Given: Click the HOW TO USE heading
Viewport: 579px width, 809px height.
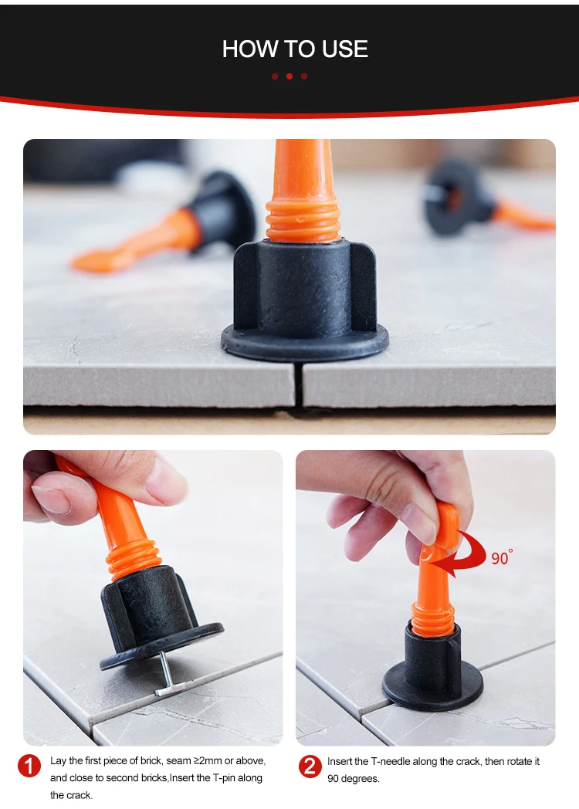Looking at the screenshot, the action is tap(295, 49).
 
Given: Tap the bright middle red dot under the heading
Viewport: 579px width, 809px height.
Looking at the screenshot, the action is tap(289, 76).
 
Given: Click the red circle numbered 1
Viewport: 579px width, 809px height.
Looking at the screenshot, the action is tap(29, 767).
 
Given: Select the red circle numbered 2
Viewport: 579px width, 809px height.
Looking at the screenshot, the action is tap(310, 767).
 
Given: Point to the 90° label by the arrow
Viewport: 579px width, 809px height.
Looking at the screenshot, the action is tap(501, 558).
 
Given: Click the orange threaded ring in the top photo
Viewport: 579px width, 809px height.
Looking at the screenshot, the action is tap(303, 221).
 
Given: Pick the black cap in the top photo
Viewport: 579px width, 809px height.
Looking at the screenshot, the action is tap(305, 300).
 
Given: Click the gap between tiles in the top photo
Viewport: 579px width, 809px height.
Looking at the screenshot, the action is tap(298, 387).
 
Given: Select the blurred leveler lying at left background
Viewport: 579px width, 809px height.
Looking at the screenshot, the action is tap(165, 222).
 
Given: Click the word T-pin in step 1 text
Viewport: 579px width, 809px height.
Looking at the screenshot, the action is tap(226, 777).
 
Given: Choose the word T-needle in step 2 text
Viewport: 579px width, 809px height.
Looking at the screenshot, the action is tap(394, 762).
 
